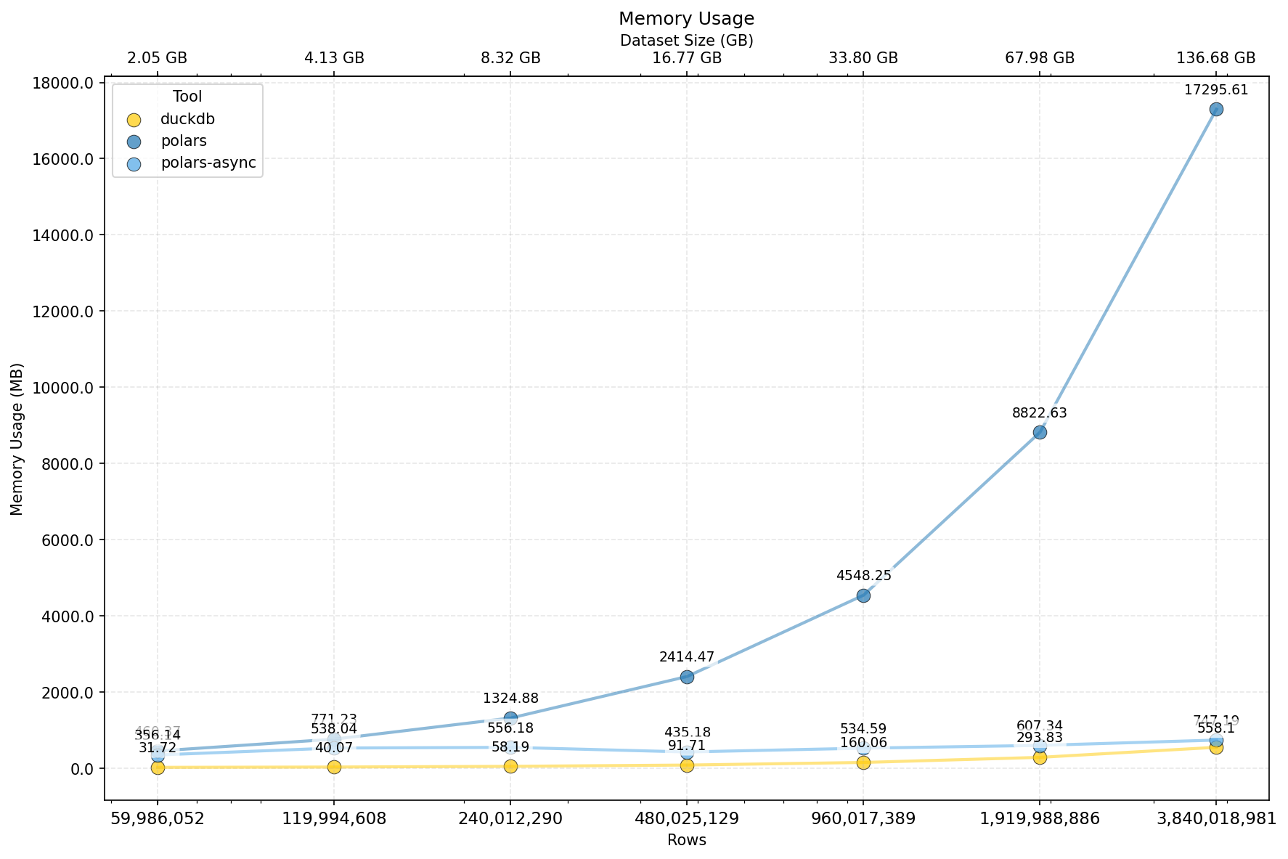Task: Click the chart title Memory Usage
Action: (x=686, y=19)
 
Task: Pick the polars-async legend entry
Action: (x=208, y=163)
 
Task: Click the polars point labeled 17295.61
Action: (x=1216, y=109)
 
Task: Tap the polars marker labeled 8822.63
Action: (x=1040, y=432)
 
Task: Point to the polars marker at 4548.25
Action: (x=863, y=595)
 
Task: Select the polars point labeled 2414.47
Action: (x=687, y=677)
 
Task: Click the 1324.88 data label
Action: (x=510, y=699)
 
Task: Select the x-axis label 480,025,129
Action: (x=687, y=819)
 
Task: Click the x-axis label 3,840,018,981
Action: (x=1216, y=819)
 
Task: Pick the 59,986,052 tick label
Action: (x=158, y=819)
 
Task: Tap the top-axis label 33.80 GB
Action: (x=863, y=58)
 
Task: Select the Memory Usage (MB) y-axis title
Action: (x=17, y=439)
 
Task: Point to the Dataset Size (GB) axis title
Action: (x=686, y=41)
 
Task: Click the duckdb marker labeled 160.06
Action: (x=863, y=762)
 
